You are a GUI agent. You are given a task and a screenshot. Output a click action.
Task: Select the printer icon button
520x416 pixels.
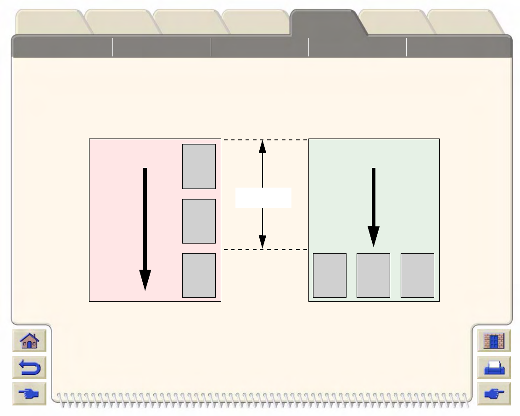494,367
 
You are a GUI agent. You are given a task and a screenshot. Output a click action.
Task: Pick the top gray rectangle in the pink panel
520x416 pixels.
199,166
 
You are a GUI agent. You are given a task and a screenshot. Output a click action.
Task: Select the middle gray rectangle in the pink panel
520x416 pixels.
199,221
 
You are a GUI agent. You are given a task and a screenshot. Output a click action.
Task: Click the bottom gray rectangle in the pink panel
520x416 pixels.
199,275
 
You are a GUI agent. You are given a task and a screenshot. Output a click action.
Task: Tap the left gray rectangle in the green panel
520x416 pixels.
330,275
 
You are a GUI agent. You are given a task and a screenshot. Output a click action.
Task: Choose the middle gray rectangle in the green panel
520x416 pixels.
374,275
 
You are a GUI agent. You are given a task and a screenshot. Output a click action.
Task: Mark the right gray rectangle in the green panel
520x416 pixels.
417,275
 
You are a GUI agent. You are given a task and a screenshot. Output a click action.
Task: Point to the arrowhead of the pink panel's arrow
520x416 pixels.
145,280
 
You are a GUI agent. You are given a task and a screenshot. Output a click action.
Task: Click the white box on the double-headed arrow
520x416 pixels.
263,198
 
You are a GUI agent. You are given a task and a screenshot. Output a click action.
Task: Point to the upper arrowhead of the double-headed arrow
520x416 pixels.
263,145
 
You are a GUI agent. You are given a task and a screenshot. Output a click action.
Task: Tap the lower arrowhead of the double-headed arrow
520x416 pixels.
263,242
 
